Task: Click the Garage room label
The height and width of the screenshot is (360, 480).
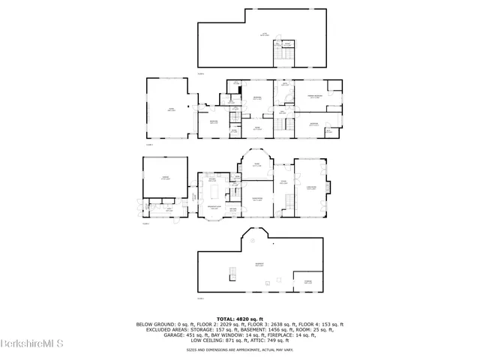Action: (x=163, y=179)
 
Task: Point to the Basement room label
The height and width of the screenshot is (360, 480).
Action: (x=259, y=265)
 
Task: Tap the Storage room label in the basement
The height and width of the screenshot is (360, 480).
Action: (x=308, y=282)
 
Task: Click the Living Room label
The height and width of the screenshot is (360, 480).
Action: (x=311, y=187)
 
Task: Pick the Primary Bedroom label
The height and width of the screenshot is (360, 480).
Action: (x=313, y=96)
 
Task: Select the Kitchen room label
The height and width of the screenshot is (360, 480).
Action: (x=212, y=180)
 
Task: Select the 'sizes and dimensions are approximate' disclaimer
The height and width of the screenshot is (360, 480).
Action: (x=239, y=349)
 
